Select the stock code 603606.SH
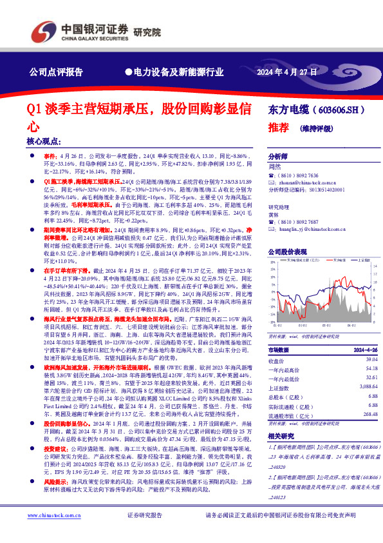(x=339, y=112)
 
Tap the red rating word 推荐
(x=277, y=128)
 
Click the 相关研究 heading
(x=281, y=436)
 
